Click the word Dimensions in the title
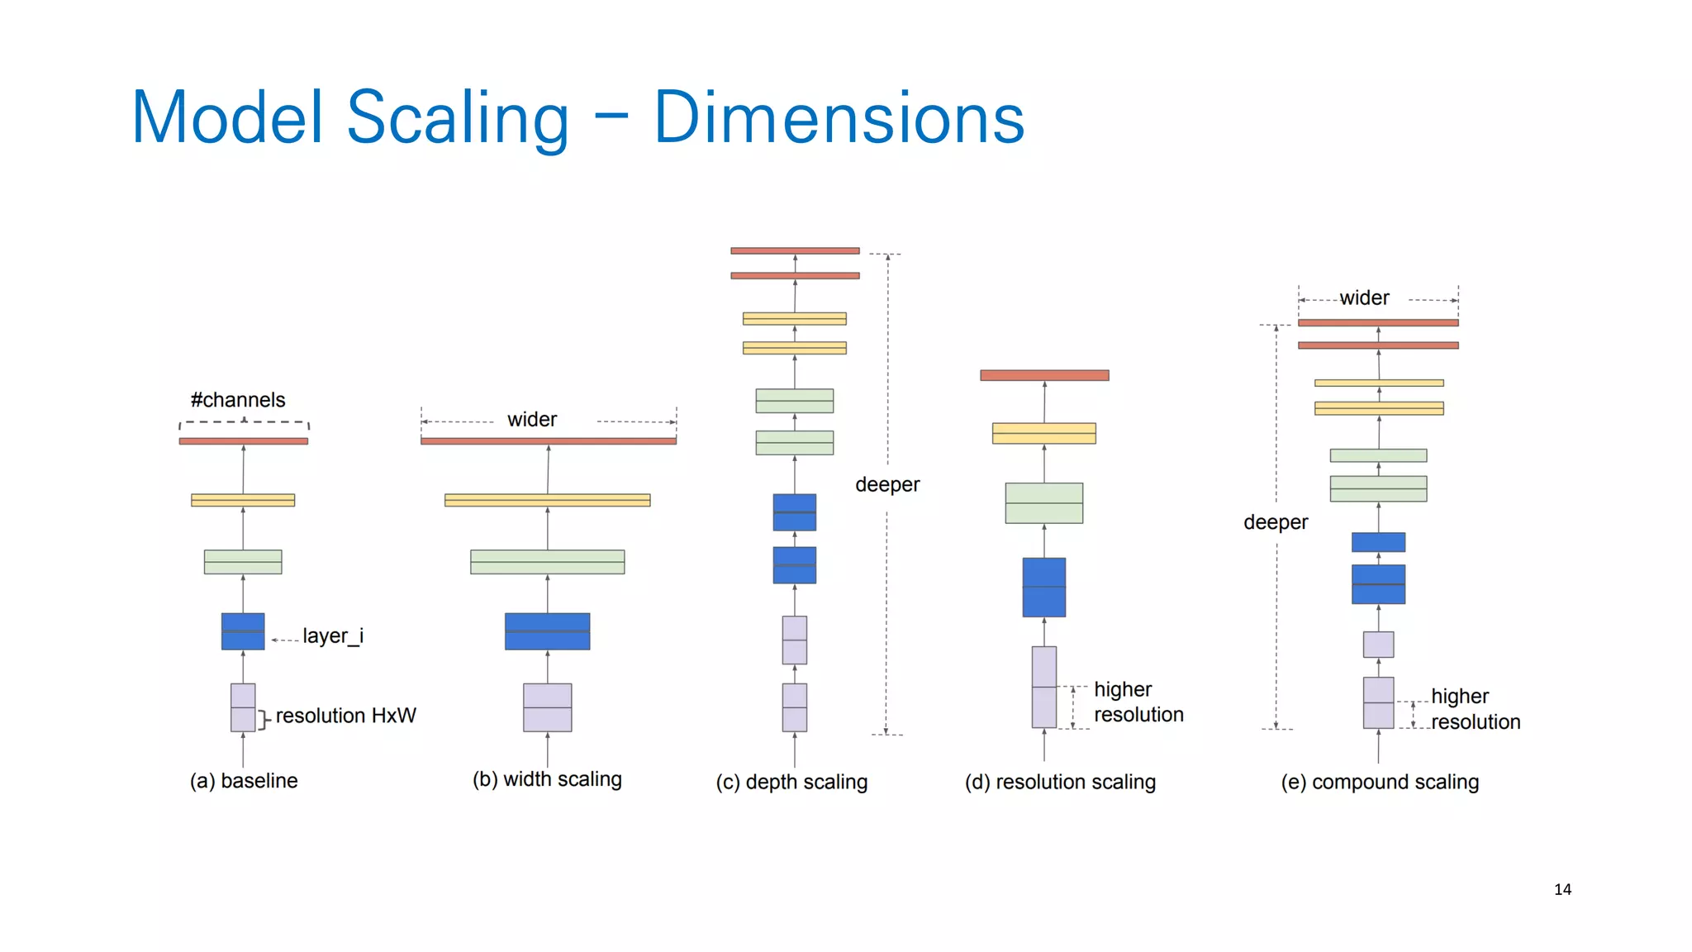click(839, 118)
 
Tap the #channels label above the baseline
click(238, 400)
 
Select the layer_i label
click(332, 635)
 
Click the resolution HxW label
click(345, 716)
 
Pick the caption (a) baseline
click(244, 781)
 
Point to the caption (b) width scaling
click(547, 779)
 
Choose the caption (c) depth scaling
click(791, 782)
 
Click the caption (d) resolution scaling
click(1060, 782)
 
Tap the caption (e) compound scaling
click(1380, 782)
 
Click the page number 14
click(1562, 889)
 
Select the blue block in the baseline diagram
click(243, 631)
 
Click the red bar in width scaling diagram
click(549, 441)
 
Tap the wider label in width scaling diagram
click(532, 420)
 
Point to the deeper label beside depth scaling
click(887, 484)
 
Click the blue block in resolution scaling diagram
click(1044, 588)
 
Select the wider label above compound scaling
click(1364, 298)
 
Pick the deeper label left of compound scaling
click(1276, 522)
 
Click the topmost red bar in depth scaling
click(795, 250)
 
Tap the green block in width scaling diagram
click(548, 562)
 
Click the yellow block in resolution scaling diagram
click(1044, 433)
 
